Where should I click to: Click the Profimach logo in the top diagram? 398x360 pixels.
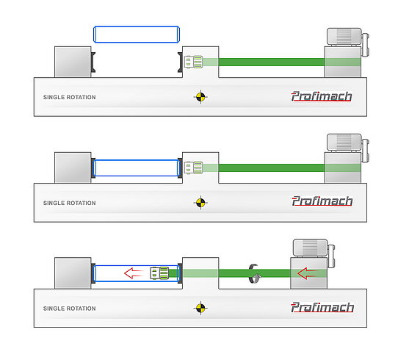(322, 96)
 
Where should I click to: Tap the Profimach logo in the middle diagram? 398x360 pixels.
(322, 201)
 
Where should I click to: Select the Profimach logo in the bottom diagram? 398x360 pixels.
(322, 307)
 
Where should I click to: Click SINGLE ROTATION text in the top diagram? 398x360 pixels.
(70, 97)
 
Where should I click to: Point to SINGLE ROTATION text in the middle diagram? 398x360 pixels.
(70, 203)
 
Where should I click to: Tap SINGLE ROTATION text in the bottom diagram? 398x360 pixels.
(70, 309)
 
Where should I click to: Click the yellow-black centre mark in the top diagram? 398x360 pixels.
(200, 97)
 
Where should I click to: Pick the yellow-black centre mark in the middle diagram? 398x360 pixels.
(200, 202)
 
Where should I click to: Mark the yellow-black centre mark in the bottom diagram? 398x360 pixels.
(200, 308)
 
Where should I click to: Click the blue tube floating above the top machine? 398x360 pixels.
(137, 35)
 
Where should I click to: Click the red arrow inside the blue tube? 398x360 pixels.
(134, 273)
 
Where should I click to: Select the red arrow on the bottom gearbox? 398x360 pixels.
(307, 273)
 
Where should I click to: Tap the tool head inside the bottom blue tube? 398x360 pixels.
(159, 273)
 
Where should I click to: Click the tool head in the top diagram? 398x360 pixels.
(193, 62)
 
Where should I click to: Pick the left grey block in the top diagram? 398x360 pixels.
(73, 62)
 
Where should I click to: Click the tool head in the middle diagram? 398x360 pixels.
(193, 168)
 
